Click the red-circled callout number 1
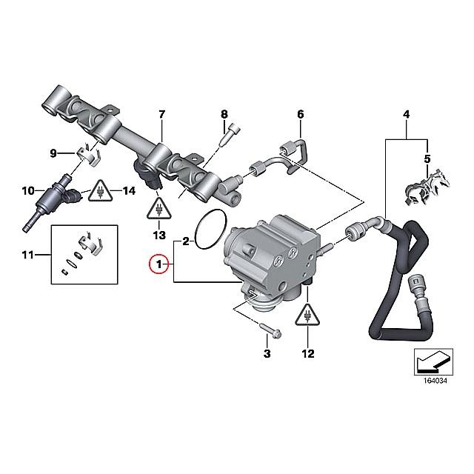[x=159, y=264]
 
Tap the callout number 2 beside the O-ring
[x=186, y=241]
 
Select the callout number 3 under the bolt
[x=267, y=353]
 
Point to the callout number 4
[x=407, y=114]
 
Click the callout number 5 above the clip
[x=427, y=158]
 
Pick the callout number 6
[x=300, y=114]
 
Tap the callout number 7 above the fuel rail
[x=162, y=114]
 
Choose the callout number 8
[x=224, y=114]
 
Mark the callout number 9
[x=53, y=153]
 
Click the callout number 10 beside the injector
[x=28, y=191]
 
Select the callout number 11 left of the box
[x=28, y=255]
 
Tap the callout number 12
[x=308, y=353]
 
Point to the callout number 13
[x=159, y=235]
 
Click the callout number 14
[x=129, y=191]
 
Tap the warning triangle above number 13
[x=159, y=208]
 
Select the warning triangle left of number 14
[x=101, y=191]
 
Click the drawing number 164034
[x=435, y=381]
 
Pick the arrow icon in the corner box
[x=433, y=361]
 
